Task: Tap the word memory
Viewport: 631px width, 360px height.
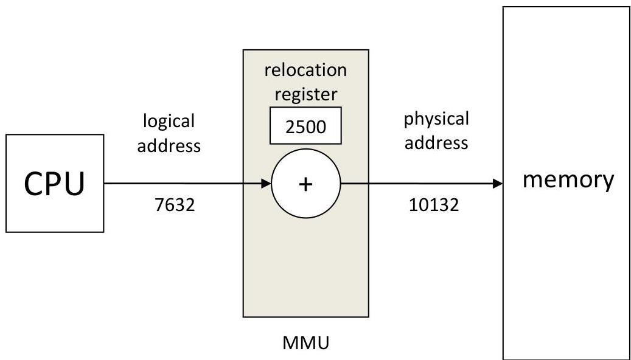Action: pos(568,181)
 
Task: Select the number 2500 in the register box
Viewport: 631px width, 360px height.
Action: pos(305,126)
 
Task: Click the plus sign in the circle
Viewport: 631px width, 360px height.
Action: pos(306,184)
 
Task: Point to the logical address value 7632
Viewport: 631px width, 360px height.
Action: pos(175,205)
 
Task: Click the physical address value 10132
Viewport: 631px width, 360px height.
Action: pos(434,205)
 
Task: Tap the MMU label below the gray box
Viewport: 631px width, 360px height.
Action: pos(306,343)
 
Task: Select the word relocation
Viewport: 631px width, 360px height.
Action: pos(305,70)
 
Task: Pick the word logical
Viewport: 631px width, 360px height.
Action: pos(169,122)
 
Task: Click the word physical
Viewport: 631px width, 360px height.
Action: pos(437,119)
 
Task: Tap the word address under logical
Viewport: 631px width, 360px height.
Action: pos(169,145)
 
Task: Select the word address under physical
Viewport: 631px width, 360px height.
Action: pos(436,143)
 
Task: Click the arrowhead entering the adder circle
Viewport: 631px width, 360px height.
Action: pos(267,184)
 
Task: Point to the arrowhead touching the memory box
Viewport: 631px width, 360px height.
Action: pos(498,184)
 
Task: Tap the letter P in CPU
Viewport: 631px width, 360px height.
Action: pos(54,184)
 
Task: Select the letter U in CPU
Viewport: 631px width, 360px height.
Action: pos(75,184)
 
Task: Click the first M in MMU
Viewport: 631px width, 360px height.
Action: pos(290,343)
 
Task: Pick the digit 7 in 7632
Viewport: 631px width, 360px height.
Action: pos(159,205)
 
